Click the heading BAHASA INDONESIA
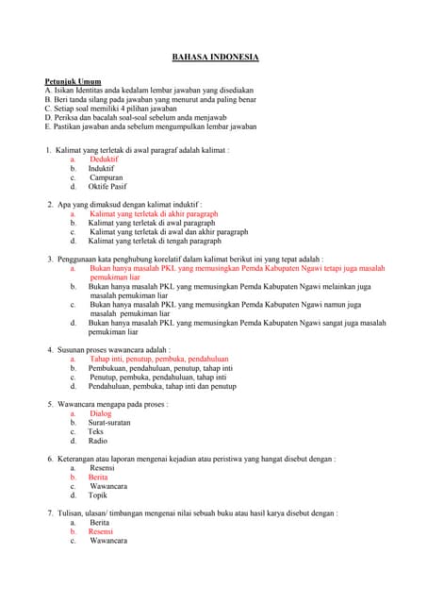215,58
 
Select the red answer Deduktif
104,160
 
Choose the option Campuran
107,177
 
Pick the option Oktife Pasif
106,187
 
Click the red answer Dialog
101,413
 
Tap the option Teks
96,431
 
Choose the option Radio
98,441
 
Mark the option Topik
98,495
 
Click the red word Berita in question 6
98,477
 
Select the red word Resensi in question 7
101,531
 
